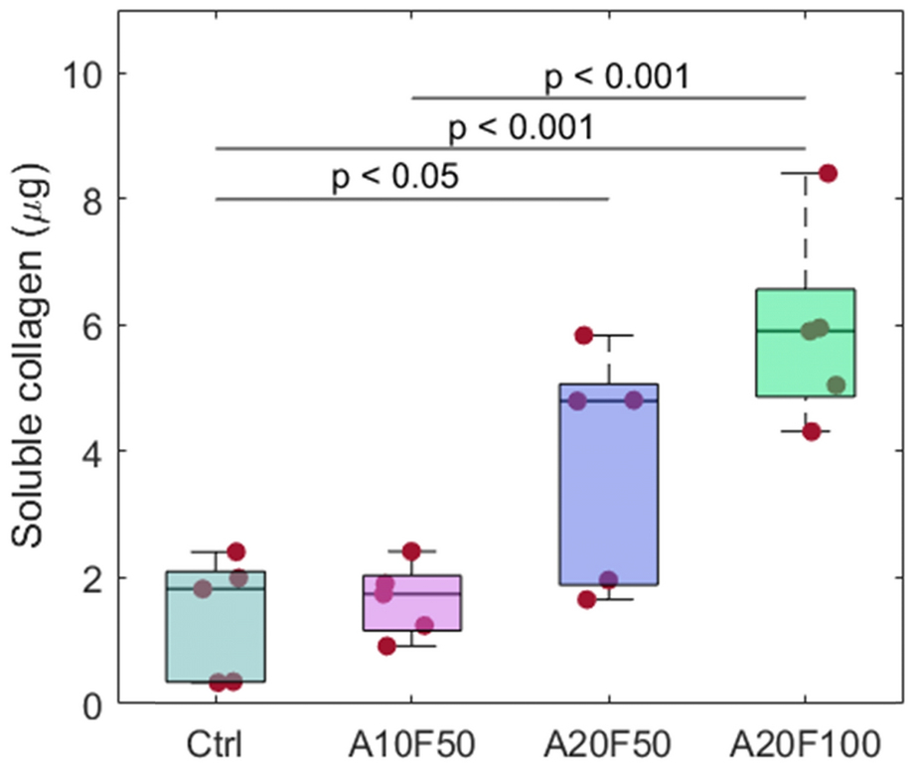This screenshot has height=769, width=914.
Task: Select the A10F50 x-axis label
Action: [x=411, y=744]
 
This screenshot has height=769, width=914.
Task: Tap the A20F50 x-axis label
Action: [x=607, y=744]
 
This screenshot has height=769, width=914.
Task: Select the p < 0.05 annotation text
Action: [x=394, y=179]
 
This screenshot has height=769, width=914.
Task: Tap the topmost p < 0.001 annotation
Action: [x=616, y=77]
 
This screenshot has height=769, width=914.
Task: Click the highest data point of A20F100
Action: [x=828, y=173]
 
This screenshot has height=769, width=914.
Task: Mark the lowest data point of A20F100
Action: [x=812, y=431]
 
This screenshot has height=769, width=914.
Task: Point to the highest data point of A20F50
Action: [x=584, y=335]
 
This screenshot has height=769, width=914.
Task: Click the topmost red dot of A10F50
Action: [x=411, y=550]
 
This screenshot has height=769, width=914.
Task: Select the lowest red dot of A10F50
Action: [x=387, y=646]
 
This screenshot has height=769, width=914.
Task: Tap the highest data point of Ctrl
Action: [x=235, y=550]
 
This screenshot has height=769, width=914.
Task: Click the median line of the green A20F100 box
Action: [x=785, y=331]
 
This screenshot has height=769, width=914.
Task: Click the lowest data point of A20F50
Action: [x=587, y=599]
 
